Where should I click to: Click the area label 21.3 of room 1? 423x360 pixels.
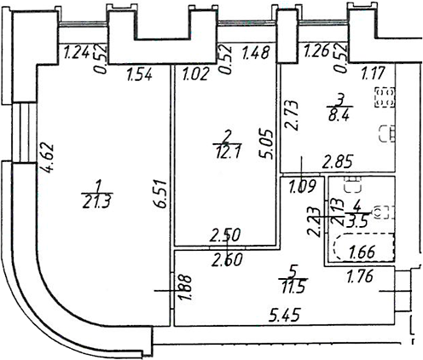coord(96,202)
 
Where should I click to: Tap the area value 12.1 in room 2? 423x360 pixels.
coord(228,153)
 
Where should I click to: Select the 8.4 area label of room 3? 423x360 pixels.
coord(339,116)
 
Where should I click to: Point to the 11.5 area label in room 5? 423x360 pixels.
coord(294,287)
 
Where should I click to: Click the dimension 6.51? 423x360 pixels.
coord(162,194)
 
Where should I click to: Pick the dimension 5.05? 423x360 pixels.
coord(266,144)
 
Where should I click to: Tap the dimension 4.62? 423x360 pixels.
coord(47,158)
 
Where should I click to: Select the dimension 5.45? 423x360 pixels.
coord(285,315)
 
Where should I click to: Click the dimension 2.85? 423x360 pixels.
coord(338,162)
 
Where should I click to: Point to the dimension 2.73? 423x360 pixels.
coord(292,115)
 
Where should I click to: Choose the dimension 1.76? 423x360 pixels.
coord(360,276)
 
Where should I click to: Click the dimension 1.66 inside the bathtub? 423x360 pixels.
coord(362,252)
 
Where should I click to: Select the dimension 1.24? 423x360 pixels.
coord(77,53)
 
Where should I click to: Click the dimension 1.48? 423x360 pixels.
coord(255,53)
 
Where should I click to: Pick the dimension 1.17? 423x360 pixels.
coord(373,72)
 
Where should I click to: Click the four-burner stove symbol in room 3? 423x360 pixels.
coord(385,97)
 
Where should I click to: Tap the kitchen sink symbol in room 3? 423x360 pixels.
coord(388,133)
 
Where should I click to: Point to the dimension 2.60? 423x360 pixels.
coord(227,259)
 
